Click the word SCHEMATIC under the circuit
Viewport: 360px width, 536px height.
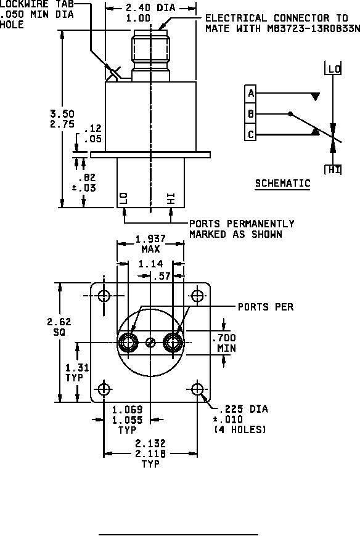[283, 183]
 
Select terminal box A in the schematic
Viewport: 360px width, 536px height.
[251, 93]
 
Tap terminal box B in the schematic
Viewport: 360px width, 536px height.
[251, 114]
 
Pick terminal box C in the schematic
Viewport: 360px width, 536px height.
[251, 134]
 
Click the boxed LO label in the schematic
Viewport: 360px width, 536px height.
[334, 70]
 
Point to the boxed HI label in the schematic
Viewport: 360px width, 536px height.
[334, 169]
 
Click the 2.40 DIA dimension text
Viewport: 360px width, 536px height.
[150, 7]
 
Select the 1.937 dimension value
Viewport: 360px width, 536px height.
[150, 238]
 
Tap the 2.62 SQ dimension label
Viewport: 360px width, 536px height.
[59, 327]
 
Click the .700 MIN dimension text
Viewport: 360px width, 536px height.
[224, 343]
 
